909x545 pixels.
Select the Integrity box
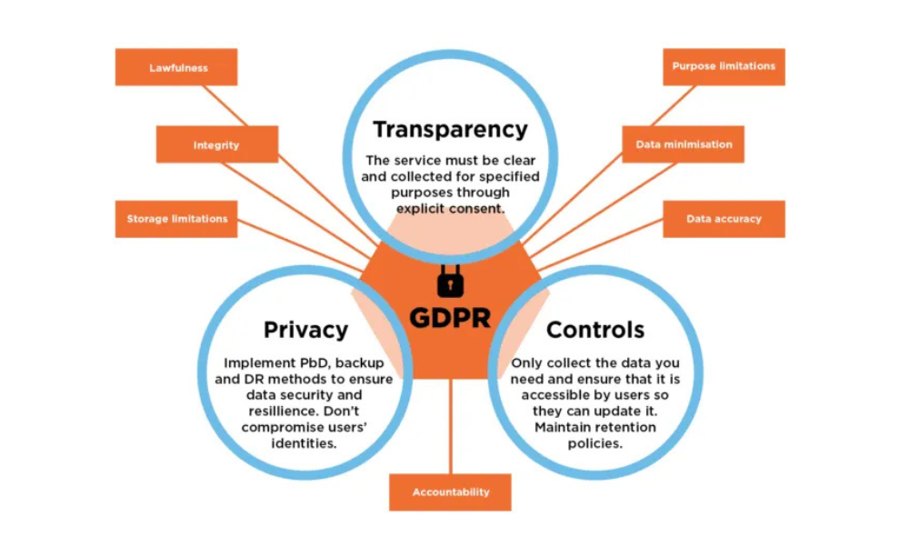pyautogui.click(x=216, y=145)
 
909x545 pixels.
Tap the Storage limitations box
pyautogui.click(x=176, y=219)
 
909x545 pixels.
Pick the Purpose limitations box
pyautogui.click(x=724, y=66)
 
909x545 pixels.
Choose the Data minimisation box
pyautogui.click(x=684, y=144)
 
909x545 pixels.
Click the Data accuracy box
pyautogui.click(x=724, y=219)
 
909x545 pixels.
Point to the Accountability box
pyautogui.click(x=450, y=492)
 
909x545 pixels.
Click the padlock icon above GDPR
pyautogui.click(x=450, y=282)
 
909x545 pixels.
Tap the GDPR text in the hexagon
pyautogui.click(x=450, y=318)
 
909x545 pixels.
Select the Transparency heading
pyautogui.click(x=450, y=129)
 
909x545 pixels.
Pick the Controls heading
pyautogui.click(x=595, y=329)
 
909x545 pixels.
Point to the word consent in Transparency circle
pyautogui.click(x=480, y=208)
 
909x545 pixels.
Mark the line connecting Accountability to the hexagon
pyautogui.click(x=450, y=427)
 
